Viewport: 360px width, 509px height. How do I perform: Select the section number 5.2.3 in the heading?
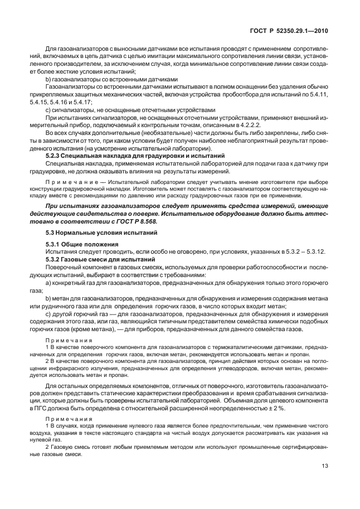54,156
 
